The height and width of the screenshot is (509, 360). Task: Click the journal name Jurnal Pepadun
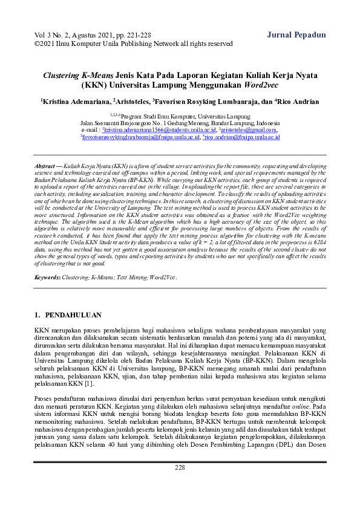pyautogui.click(x=296, y=34)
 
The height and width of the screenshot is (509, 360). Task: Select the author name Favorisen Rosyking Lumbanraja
pyautogui.click(x=207, y=102)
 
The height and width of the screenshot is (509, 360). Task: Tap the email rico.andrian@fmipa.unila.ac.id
pyautogui.click(x=242, y=137)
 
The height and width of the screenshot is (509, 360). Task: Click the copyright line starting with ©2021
pyautogui.click(x=134, y=44)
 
